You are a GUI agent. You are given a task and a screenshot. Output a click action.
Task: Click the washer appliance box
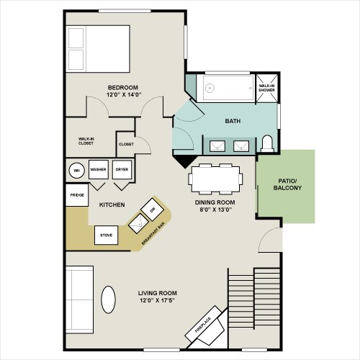click(x=99, y=169)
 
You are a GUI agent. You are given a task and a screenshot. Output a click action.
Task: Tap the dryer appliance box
click(x=122, y=169)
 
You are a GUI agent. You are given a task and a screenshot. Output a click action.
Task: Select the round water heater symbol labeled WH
click(x=76, y=171)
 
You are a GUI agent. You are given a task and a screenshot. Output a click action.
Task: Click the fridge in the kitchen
click(x=77, y=195)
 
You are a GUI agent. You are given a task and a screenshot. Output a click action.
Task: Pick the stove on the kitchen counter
click(x=106, y=235)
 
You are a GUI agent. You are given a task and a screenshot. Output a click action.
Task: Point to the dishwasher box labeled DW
click(x=153, y=210)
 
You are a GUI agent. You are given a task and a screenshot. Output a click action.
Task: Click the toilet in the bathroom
click(x=267, y=144)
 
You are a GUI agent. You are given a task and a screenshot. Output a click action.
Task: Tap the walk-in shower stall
click(x=266, y=88)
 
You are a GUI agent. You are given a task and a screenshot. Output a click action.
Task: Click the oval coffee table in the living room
click(x=108, y=300)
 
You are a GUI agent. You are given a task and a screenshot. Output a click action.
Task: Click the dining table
click(x=215, y=179)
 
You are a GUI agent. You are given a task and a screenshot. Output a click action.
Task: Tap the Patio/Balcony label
click(x=287, y=184)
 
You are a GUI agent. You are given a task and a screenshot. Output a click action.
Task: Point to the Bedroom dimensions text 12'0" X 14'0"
click(x=124, y=94)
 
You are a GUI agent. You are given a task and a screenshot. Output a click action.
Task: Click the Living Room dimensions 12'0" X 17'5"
click(x=157, y=300)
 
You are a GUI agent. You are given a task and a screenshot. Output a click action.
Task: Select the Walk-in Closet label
click(x=86, y=141)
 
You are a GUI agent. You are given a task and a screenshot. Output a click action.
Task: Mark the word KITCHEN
click(x=112, y=204)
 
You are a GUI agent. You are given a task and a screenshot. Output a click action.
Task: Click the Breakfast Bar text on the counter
click(x=153, y=234)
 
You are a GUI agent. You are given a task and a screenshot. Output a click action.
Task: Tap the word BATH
click(x=233, y=121)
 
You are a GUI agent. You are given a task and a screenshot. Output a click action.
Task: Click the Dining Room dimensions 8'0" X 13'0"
click(x=215, y=210)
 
